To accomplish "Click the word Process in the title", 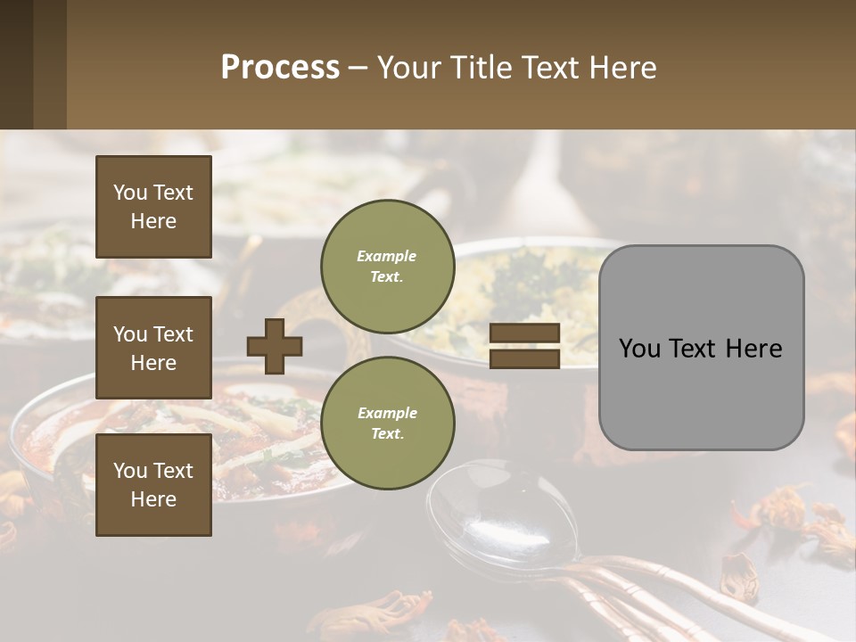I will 280,68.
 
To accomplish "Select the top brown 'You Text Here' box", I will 153,207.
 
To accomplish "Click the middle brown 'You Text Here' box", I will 153,348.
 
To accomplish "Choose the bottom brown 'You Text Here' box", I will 153,485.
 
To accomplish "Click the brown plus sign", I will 275,346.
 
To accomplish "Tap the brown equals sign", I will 524,346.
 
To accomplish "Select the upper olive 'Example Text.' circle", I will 387,267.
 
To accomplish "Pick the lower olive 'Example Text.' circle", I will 387,423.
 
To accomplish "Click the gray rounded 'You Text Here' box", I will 701,348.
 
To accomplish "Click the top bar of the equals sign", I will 524,333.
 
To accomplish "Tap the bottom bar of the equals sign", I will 524,358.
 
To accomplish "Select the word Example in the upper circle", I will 387,256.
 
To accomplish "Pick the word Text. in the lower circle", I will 387,434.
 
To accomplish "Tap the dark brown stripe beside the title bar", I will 16,64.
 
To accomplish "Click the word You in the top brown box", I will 130,193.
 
